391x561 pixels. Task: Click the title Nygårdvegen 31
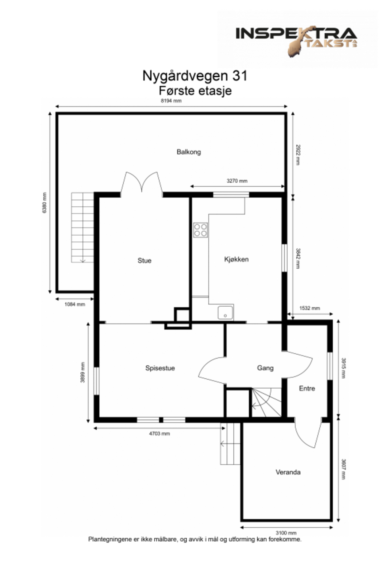(x=195, y=76)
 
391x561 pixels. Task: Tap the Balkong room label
(x=188, y=152)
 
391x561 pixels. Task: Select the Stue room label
(x=144, y=261)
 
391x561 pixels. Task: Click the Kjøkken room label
(x=236, y=259)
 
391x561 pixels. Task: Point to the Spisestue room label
(x=160, y=368)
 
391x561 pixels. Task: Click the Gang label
(x=265, y=368)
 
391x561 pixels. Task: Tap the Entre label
(x=307, y=389)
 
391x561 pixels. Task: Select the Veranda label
(x=288, y=472)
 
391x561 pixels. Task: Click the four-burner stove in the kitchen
(x=200, y=230)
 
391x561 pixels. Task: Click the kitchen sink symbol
(x=225, y=313)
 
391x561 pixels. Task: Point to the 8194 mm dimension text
(x=171, y=101)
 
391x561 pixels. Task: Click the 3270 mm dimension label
(x=237, y=181)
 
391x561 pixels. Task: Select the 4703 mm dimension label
(x=159, y=434)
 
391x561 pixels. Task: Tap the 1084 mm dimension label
(x=75, y=304)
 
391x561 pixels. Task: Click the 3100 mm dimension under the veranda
(x=286, y=533)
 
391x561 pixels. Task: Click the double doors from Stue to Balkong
(x=142, y=184)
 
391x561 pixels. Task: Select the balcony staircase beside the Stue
(x=82, y=228)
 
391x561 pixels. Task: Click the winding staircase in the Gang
(x=266, y=403)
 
